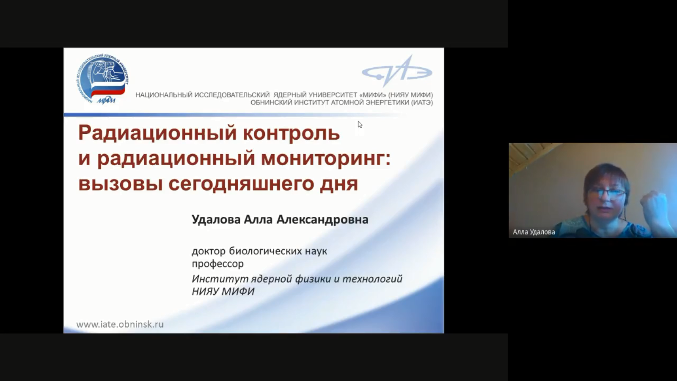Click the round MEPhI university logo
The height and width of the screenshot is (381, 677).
102,79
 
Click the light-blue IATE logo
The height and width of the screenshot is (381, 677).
397,72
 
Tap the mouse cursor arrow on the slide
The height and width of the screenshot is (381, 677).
360,124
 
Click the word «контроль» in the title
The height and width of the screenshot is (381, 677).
292,133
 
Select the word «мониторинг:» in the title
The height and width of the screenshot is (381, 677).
326,159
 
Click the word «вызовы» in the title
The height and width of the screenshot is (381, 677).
121,184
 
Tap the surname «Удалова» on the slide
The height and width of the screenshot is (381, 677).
216,220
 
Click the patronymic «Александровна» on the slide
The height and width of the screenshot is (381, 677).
322,220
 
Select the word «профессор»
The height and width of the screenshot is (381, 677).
217,264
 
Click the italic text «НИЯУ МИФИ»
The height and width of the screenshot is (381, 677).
223,291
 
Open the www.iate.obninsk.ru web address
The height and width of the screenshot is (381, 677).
120,324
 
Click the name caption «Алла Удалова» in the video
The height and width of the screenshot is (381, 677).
534,232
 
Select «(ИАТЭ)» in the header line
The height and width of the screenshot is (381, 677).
422,102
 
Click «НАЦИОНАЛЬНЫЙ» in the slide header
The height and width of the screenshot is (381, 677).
164,95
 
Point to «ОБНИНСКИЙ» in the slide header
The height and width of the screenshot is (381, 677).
271,102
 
